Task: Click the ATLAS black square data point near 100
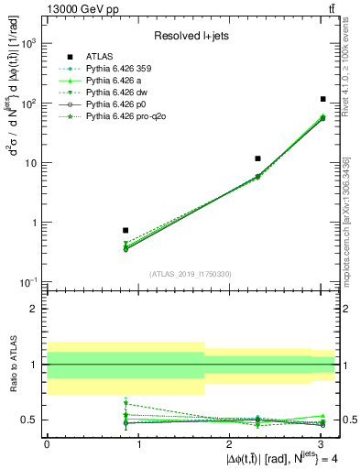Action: (x=323, y=99)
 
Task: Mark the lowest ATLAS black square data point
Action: (x=125, y=231)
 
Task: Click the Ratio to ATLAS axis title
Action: (x=12, y=364)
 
